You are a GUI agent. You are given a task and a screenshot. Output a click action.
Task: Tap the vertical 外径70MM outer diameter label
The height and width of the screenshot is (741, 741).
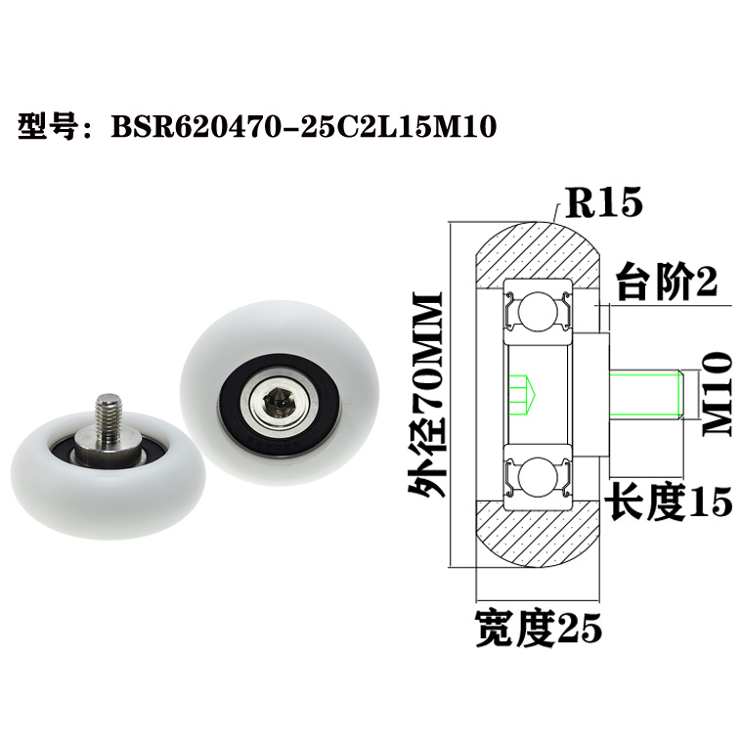[x=427, y=396]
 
